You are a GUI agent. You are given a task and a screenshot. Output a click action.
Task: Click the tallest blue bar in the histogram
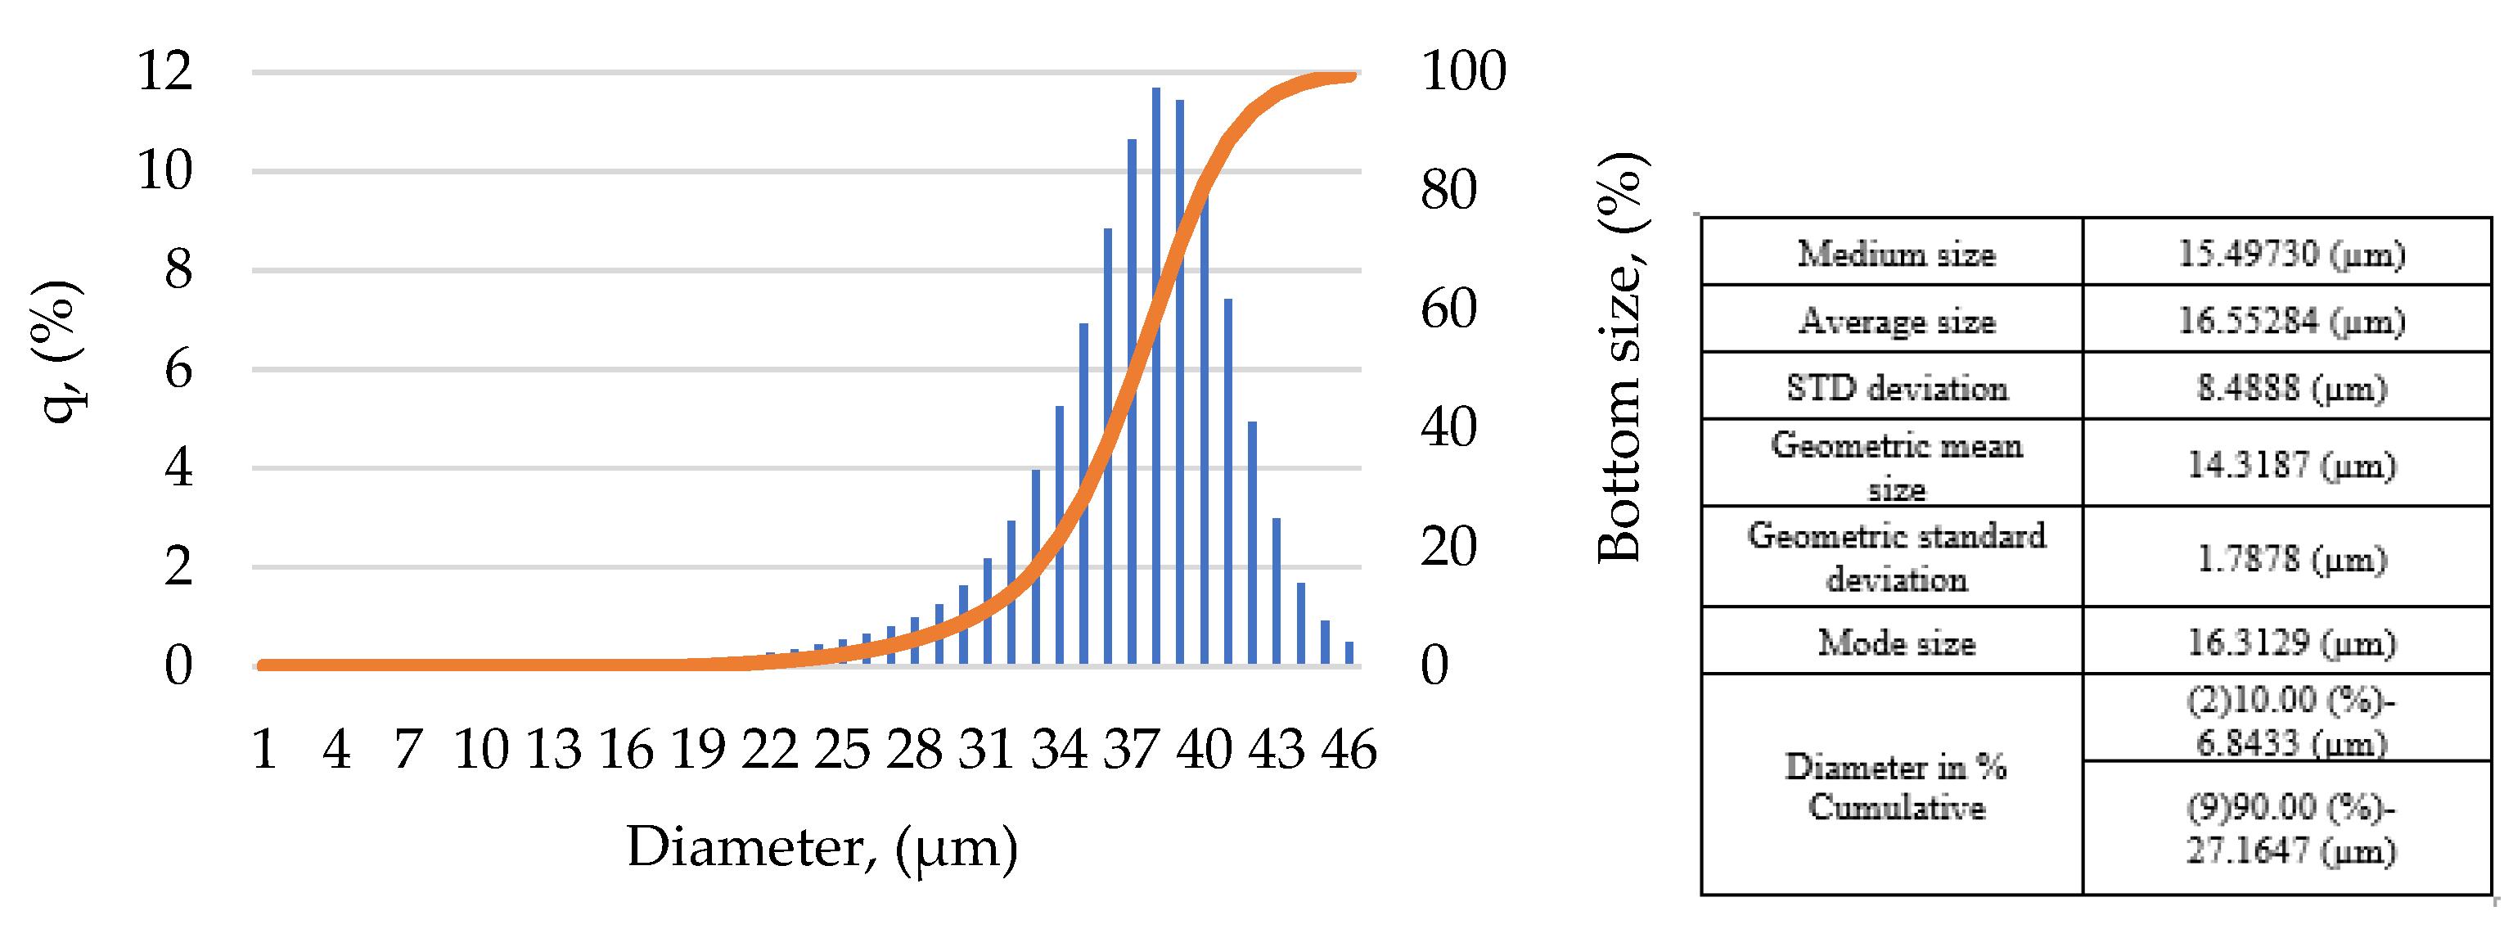[x=1155, y=376]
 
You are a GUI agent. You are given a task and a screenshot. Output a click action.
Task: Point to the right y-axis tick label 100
[x=1462, y=70]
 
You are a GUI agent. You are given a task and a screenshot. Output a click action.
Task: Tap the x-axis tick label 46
[x=1349, y=750]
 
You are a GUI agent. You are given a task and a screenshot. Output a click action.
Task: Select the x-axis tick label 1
[x=263, y=750]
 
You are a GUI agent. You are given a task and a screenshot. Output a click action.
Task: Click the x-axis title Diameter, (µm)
[x=822, y=846]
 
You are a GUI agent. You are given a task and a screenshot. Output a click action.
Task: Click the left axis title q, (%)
[x=56, y=351]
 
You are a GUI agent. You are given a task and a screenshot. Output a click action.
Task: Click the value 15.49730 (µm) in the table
[x=2291, y=254]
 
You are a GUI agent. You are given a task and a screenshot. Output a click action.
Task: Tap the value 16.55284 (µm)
[x=2291, y=320]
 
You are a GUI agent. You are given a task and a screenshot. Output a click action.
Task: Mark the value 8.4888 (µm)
[x=2291, y=387]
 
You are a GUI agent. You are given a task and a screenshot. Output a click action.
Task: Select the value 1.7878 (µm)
[x=2291, y=558]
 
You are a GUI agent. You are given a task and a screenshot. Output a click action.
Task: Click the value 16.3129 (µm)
[x=2291, y=642]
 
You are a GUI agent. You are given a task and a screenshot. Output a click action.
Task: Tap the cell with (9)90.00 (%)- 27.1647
[x=2291, y=828]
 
